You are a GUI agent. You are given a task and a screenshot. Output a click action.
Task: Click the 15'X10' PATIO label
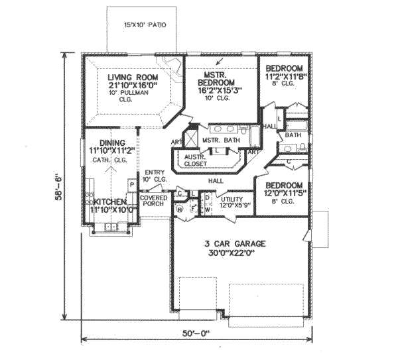coord(145,26)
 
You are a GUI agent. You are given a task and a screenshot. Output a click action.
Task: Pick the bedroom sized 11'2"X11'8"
coord(285,78)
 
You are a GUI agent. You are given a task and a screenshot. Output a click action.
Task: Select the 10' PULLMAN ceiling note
coord(131,92)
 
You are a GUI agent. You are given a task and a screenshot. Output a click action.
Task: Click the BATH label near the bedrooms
coord(293,135)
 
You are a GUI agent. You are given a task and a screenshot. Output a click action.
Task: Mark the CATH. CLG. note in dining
coord(110,160)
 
